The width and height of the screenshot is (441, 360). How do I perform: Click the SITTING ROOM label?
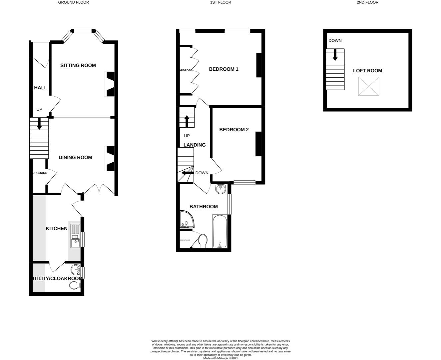pyautogui.click(x=78, y=65)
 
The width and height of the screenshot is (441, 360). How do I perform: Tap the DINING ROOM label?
pyautogui.click(x=75, y=157)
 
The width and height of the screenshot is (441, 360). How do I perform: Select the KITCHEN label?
pyautogui.click(x=57, y=228)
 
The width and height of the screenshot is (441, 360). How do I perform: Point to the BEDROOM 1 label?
pyautogui.click(x=223, y=69)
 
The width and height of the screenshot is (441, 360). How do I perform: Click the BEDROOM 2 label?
pyautogui.click(x=234, y=130)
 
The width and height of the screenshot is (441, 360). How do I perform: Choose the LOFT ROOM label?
pyautogui.click(x=367, y=71)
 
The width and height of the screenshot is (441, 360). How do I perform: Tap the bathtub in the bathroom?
pyautogui.click(x=220, y=232)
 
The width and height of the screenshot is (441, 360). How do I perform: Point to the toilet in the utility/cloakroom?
pyautogui.click(x=75, y=286)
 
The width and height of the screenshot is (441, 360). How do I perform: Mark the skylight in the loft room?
pyautogui.click(x=369, y=86)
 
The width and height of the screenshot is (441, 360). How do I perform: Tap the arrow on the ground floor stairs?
pyautogui.click(x=39, y=123)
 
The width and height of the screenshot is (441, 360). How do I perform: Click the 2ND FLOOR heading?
pyautogui.click(x=367, y=2)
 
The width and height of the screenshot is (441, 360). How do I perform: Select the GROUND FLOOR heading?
pyautogui.click(x=74, y=2)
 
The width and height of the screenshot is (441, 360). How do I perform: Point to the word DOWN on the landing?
pyautogui.click(x=202, y=173)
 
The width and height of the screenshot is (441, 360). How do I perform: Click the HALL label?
pyautogui.click(x=40, y=88)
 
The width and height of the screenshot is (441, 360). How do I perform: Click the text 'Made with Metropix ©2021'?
pyautogui.click(x=220, y=358)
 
